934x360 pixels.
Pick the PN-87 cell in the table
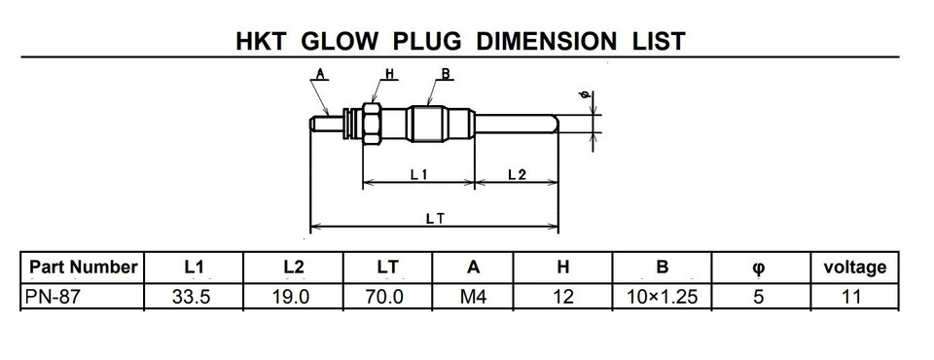[x=51, y=298]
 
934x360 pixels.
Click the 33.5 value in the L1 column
[x=192, y=298]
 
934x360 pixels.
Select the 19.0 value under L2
[x=291, y=298]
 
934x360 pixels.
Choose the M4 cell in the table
[x=473, y=298]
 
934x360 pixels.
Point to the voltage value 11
[x=852, y=298]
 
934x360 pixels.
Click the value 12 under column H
[x=562, y=298]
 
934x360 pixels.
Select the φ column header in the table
[x=758, y=267]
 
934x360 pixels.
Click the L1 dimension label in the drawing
[x=419, y=174]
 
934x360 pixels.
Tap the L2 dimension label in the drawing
[x=517, y=174]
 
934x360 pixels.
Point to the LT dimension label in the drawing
[x=436, y=219]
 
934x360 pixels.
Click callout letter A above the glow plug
[x=320, y=73]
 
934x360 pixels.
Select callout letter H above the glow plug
[x=389, y=73]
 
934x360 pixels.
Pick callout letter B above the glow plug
[x=445, y=73]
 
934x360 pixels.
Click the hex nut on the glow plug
[x=371, y=124]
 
